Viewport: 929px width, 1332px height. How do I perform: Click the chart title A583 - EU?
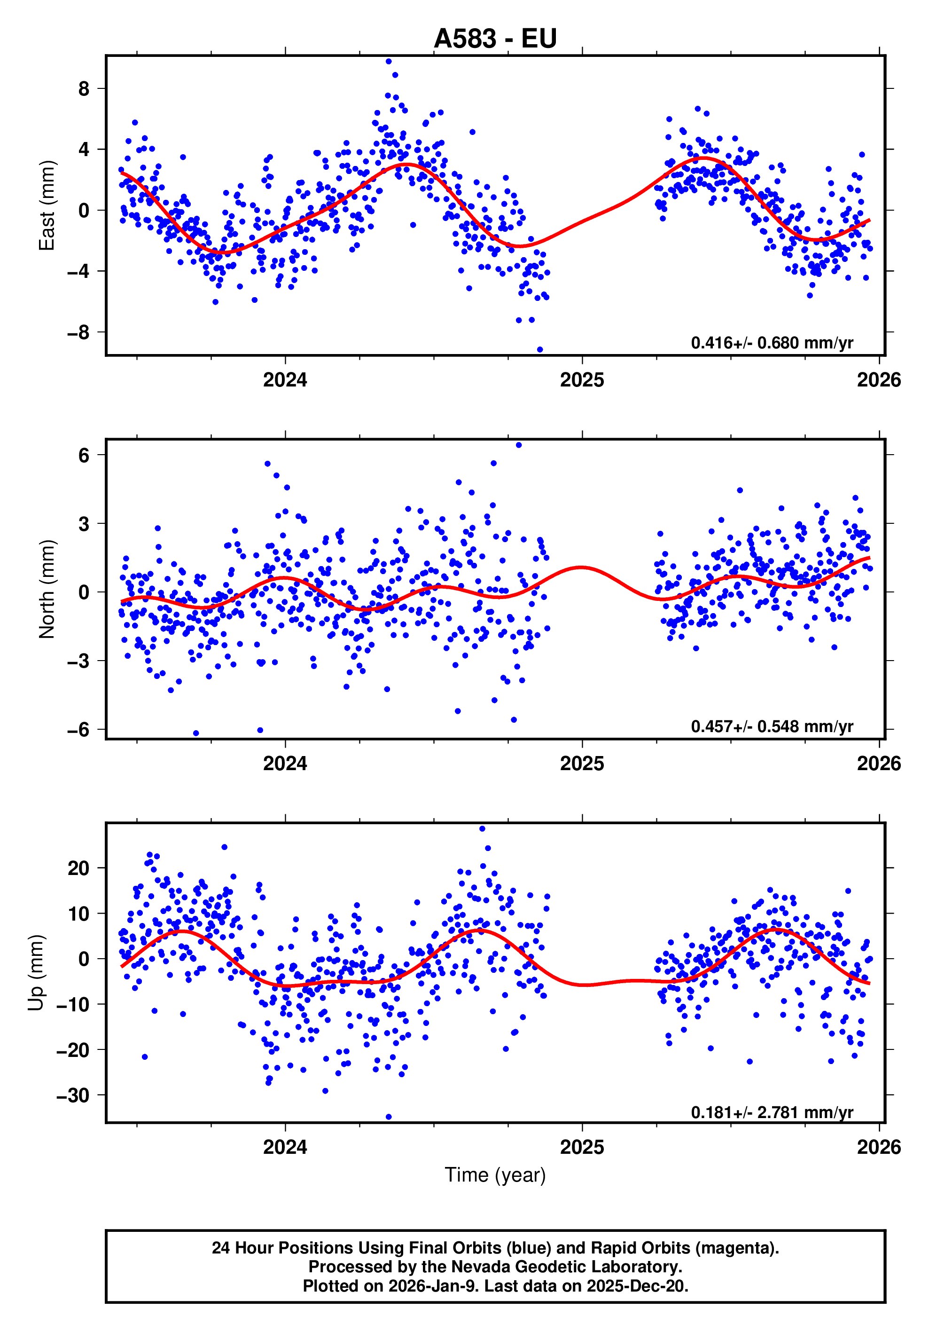click(x=495, y=38)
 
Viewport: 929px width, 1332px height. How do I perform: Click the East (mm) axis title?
click(x=47, y=205)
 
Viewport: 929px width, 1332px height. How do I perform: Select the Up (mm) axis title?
click(x=36, y=972)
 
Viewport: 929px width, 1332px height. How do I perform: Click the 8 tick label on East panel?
click(x=84, y=89)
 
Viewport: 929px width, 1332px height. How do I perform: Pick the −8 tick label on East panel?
click(x=78, y=332)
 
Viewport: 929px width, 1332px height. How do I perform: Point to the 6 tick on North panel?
click(x=84, y=456)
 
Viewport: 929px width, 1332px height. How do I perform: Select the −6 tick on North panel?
click(x=78, y=729)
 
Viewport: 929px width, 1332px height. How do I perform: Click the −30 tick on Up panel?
click(x=73, y=1096)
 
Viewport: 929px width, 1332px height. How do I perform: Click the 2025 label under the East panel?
click(x=582, y=380)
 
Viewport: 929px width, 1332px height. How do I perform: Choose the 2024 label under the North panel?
click(x=285, y=764)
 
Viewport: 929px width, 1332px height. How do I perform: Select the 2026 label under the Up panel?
click(x=879, y=1147)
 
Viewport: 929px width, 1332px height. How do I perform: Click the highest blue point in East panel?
click(x=389, y=61)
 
